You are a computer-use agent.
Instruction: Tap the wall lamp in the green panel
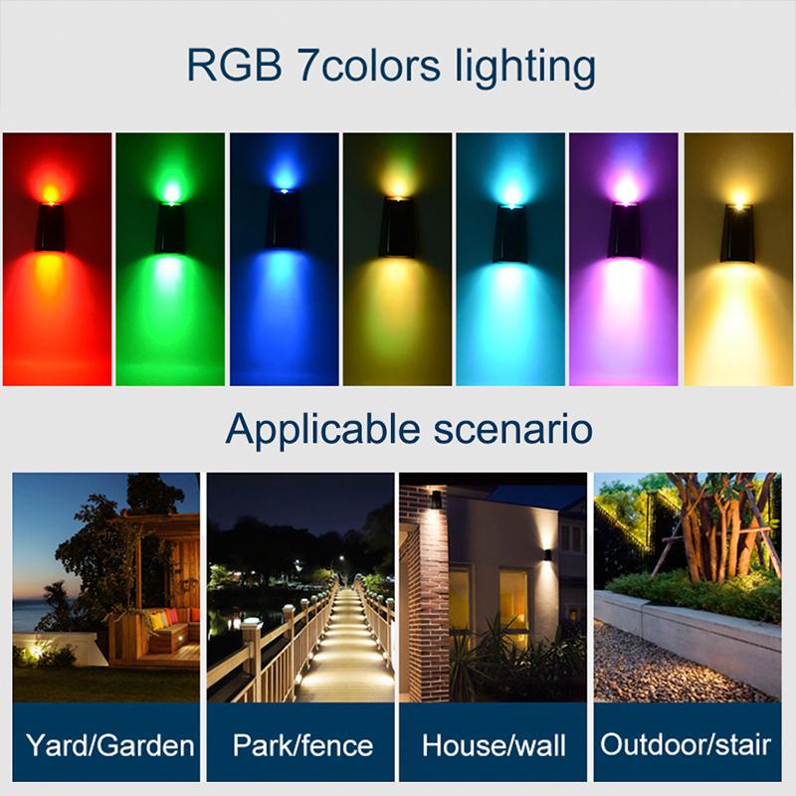(170, 227)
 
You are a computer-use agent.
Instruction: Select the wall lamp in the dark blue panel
(284, 219)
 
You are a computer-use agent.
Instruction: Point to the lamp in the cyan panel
(510, 234)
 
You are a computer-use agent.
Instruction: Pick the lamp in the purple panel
(625, 231)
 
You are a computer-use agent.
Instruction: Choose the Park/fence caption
(301, 744)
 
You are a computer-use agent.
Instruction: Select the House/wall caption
(494, 744)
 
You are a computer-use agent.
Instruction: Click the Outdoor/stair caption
(687, 744)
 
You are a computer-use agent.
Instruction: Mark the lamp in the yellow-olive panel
(397, 229)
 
